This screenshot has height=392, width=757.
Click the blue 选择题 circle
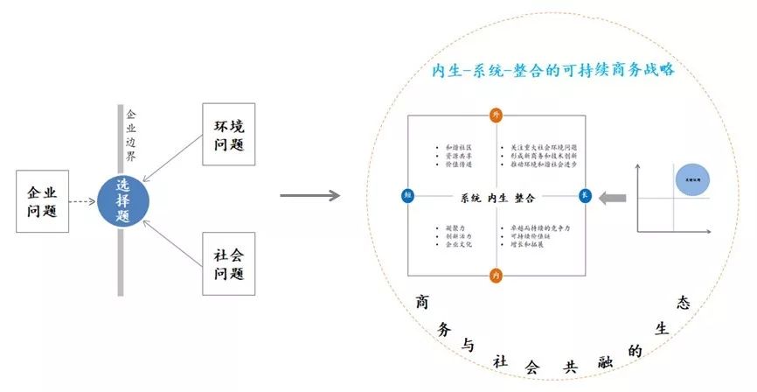click(123, 200)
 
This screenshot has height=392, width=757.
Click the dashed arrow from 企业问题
click(85, 200)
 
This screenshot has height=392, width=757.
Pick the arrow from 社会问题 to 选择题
click(174, 238)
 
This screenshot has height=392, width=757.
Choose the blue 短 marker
click(407, 195)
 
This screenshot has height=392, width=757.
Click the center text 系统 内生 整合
click(496, 197)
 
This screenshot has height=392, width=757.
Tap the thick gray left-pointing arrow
click(615, 199)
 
